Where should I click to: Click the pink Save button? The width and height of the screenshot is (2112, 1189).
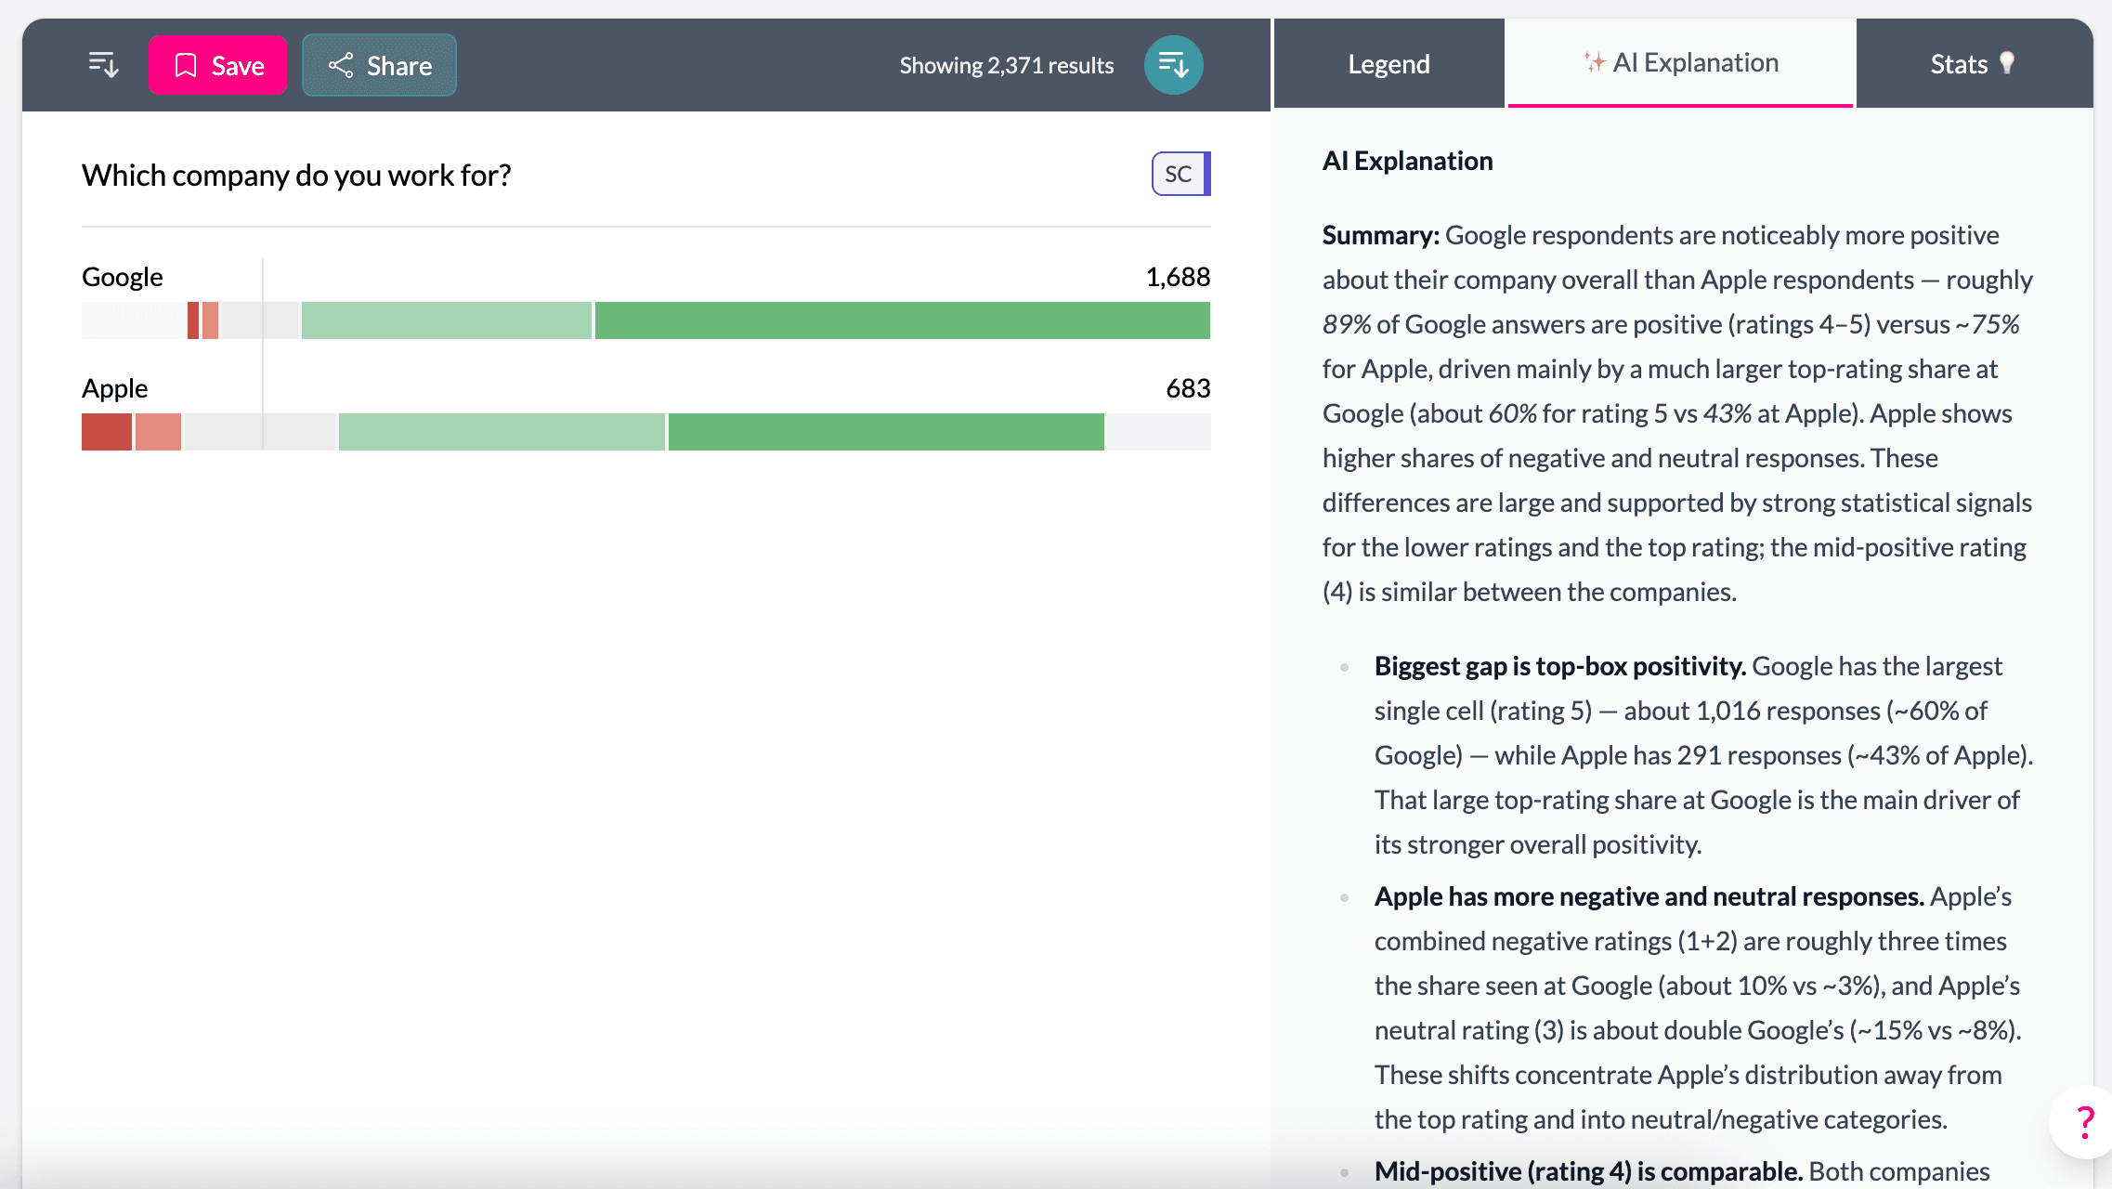click(x=217, y=65)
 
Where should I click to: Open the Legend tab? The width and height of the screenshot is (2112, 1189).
click(x=1388, y=64)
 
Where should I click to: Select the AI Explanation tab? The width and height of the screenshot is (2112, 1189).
click(x=1681, y=63)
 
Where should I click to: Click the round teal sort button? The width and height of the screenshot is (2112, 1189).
click(x=1173, y=65)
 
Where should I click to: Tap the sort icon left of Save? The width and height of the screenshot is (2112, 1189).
click(x=103, y=65)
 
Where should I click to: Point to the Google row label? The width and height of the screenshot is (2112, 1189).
click(x=123, y=277)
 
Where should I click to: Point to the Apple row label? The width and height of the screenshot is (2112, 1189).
click(x=115, y=388)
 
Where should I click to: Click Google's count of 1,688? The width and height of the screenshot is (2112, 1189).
click(x=1177, y=277)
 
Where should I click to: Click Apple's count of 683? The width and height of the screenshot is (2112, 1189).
click(x=1187, y=388)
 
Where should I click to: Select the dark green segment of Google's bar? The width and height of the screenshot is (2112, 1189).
click(x=901, y=320)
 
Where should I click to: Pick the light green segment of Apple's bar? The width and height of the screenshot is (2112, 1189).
click(x=502, y=432)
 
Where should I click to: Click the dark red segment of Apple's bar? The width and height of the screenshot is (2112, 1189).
click(x=106, y=432)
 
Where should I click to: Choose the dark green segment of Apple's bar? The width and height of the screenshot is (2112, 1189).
click(x=885, y=432)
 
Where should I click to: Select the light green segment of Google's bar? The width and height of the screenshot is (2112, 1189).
click(x=446, y=320)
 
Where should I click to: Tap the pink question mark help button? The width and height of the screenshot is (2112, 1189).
click(x=2085, y=1122)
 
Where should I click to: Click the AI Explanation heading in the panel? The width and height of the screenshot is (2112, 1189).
click(x=1407, y=162)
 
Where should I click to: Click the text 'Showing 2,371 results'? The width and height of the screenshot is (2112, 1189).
click(x=1006, y=66)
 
